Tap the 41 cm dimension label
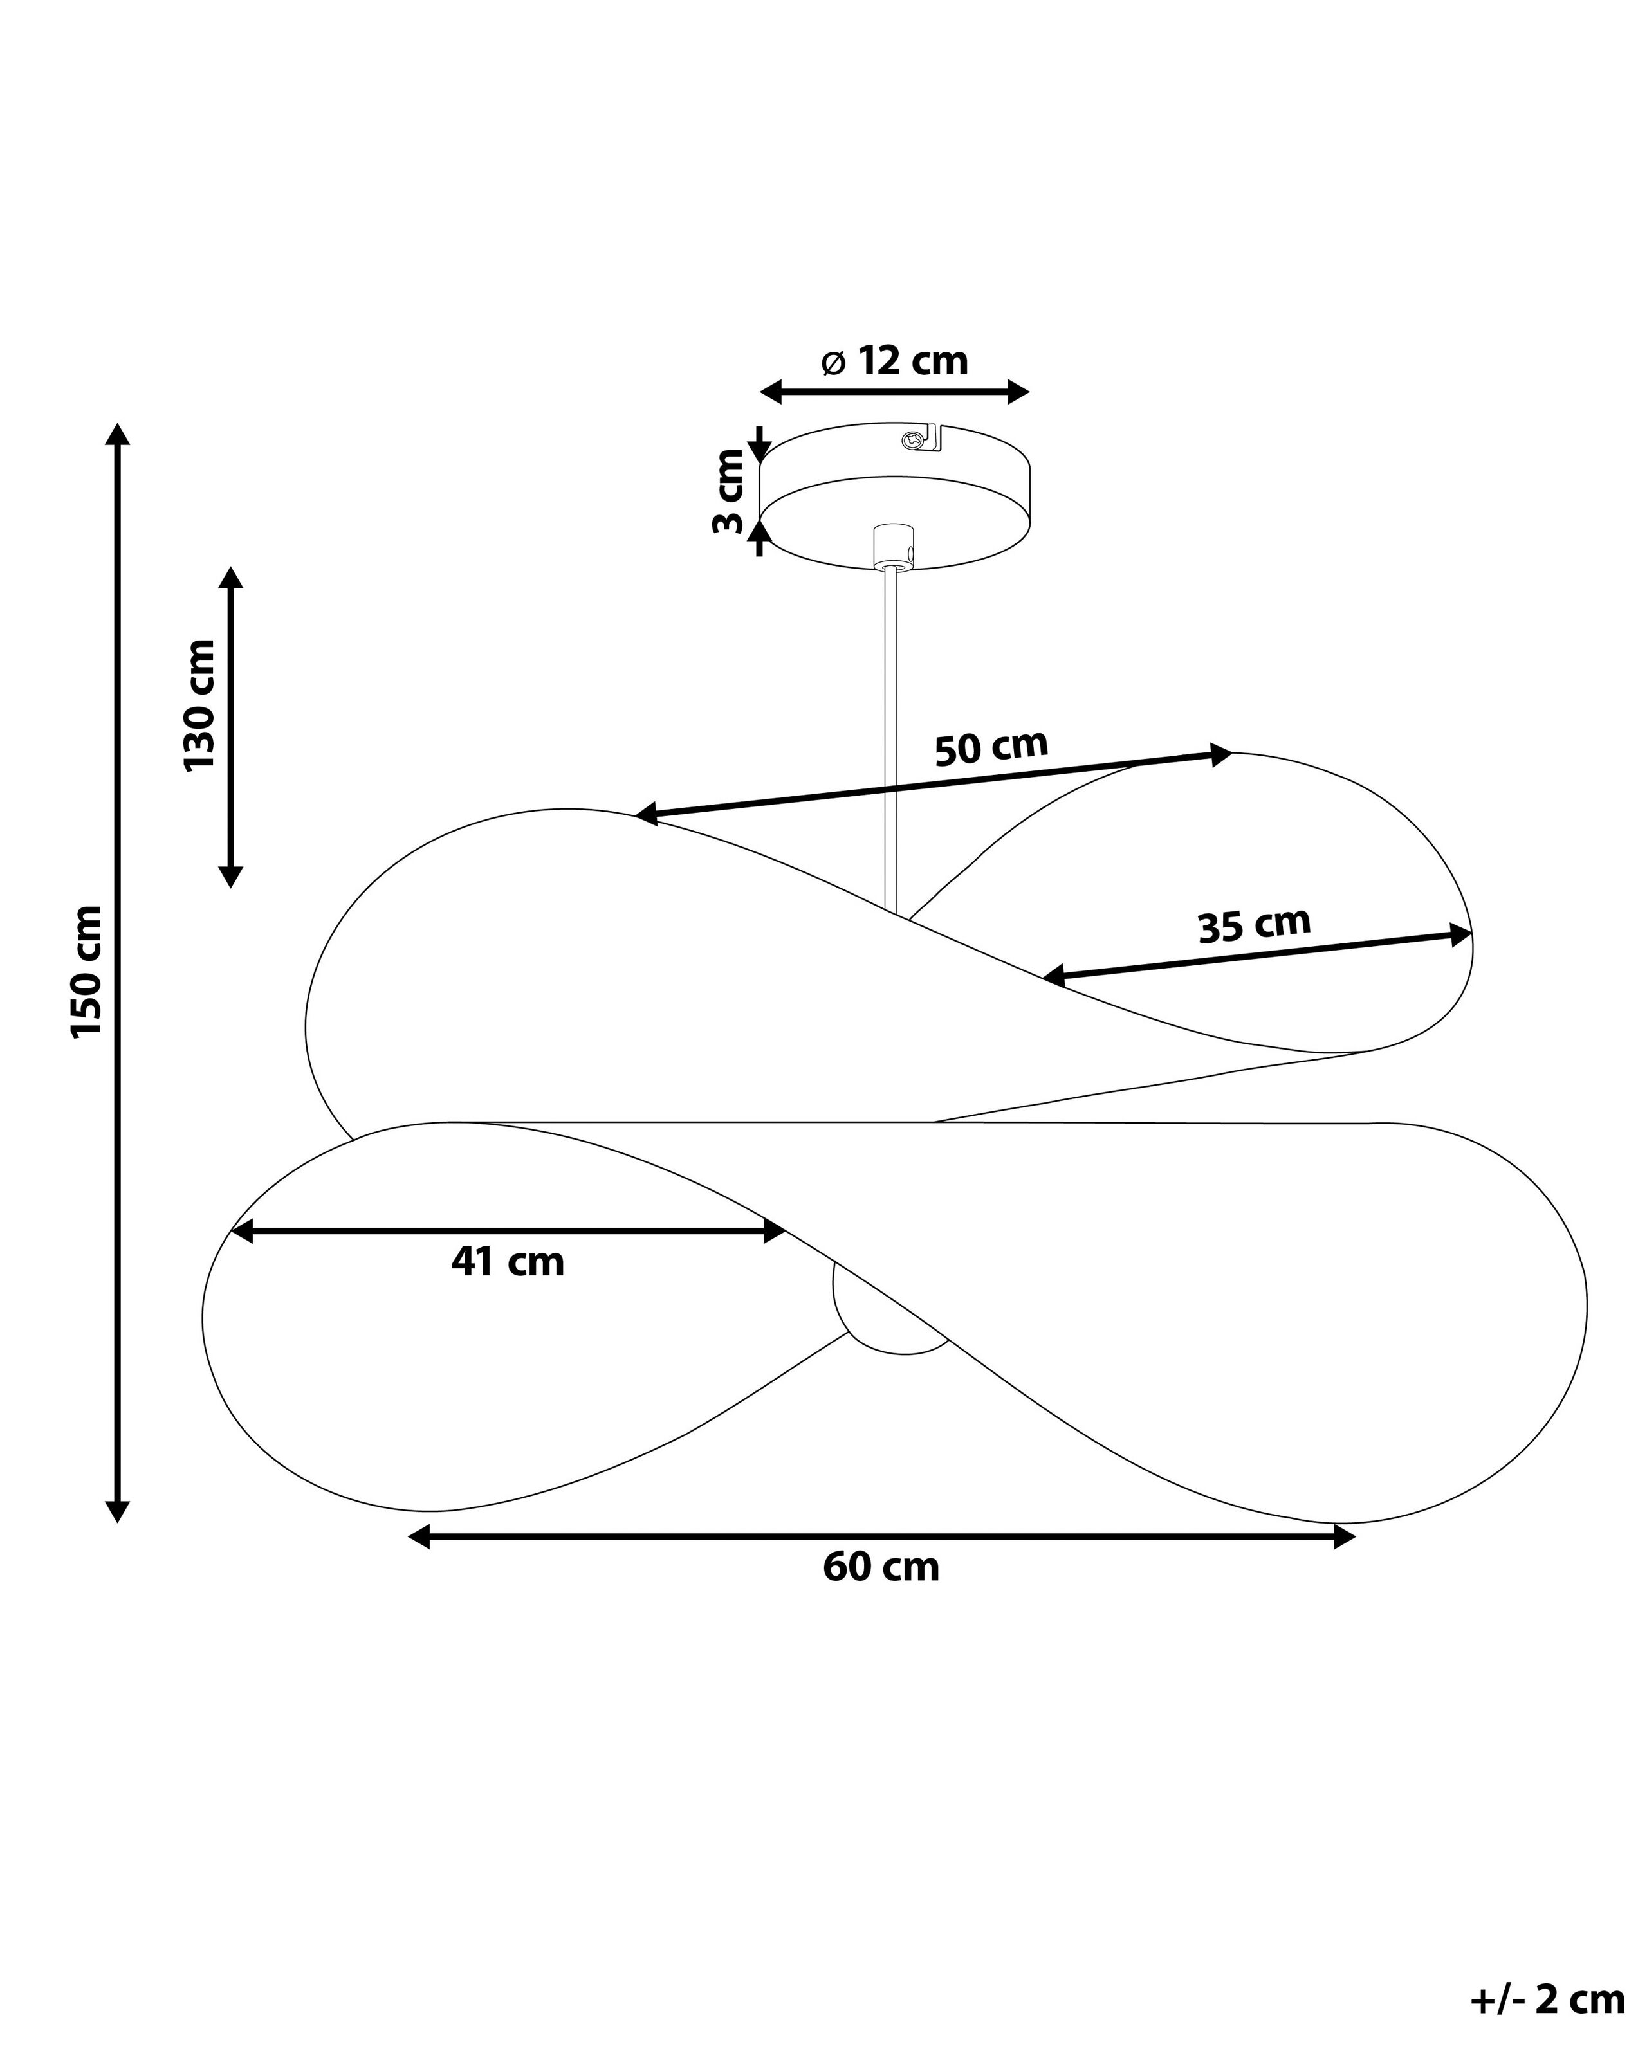pos(508,1262)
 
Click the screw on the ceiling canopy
pos(915,440)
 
